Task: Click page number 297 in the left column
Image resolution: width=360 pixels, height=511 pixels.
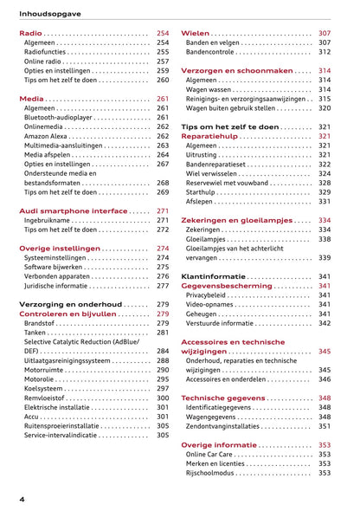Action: click(x=163, y=389)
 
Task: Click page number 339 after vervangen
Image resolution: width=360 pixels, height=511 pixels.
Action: click(x=325, y=258)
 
